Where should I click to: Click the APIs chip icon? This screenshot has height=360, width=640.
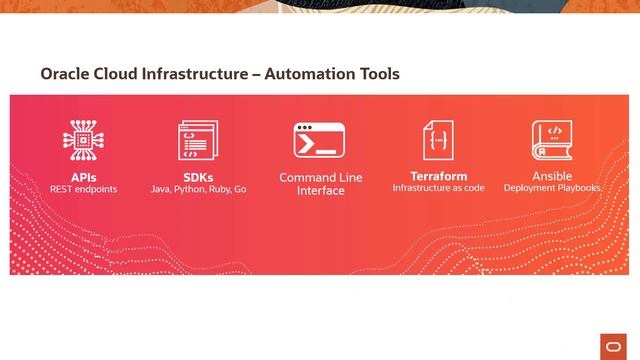pyautogui.click(x=84, y=141)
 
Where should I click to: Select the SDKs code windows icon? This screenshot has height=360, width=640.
pyautogui.click(x=198, y=141)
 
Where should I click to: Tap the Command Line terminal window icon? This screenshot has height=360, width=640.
pyautogui.click(x=320, y=141)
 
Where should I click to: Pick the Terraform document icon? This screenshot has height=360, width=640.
pyautogui.click(x=438, y=140)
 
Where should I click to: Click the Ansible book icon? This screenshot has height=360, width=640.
pyautogui.click(x=551, y=141)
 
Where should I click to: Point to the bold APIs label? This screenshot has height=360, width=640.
pyautogui.click(x=84, y=176)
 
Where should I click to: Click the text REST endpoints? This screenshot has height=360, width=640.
pyautogui.click(x=84, y=188)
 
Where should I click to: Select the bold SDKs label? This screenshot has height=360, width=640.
pyautogui.click(x=198, y=176)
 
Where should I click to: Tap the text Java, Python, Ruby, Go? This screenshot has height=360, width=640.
pyautogui.click(x=198, y=188)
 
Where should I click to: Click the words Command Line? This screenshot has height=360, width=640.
pyautogui.click(x=320, y=178)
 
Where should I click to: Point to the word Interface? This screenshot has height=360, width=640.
pyautogui.click(x=320, y=191)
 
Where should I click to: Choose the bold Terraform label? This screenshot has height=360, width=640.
pyautogui.click(x=438, y=176)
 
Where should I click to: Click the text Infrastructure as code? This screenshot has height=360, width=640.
pyautogui.click(x=438, y=188)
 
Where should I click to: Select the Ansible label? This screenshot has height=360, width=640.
pyautogui.click(x=551, y=176)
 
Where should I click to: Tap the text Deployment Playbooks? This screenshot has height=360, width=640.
pyautogui.click(x=551, y=188)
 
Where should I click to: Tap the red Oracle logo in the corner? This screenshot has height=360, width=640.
pyautogui.click(x=612, y=345)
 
